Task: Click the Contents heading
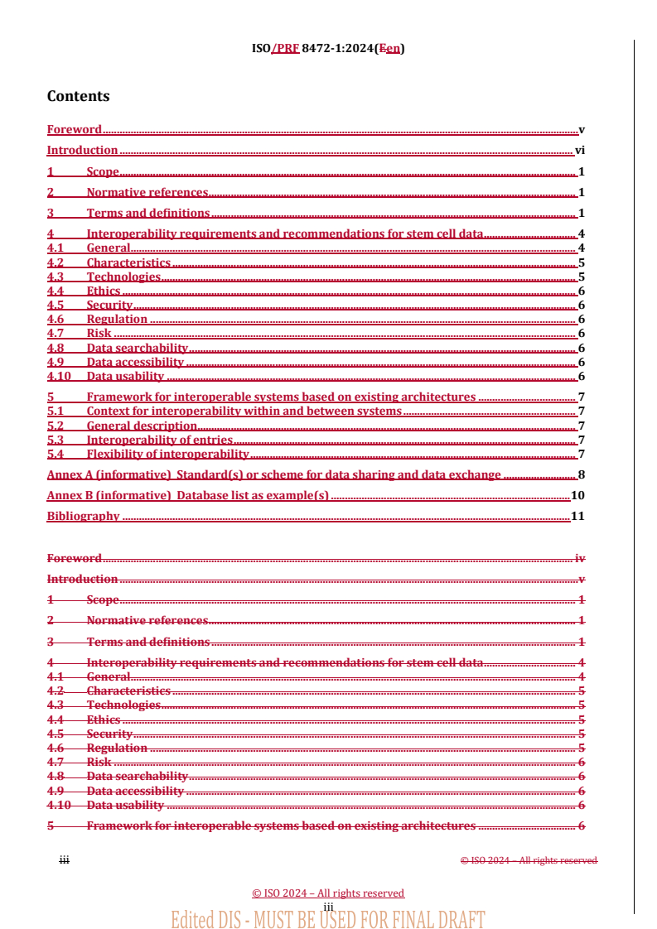click(x=78, y=96)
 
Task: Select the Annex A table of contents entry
click(x=273, y=475)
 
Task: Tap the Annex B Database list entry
click(x=188, y=496)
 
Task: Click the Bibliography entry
click(x=83, y=517)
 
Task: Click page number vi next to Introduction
click(x=580, y=151)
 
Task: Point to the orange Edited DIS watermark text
click(x=327, y=918)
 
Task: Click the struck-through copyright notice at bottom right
click(x=529, y=860)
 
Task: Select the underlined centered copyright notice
click(x=328, y=893)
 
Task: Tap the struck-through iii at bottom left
click(x=63, y=860)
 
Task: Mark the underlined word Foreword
click(x=74, y=130)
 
